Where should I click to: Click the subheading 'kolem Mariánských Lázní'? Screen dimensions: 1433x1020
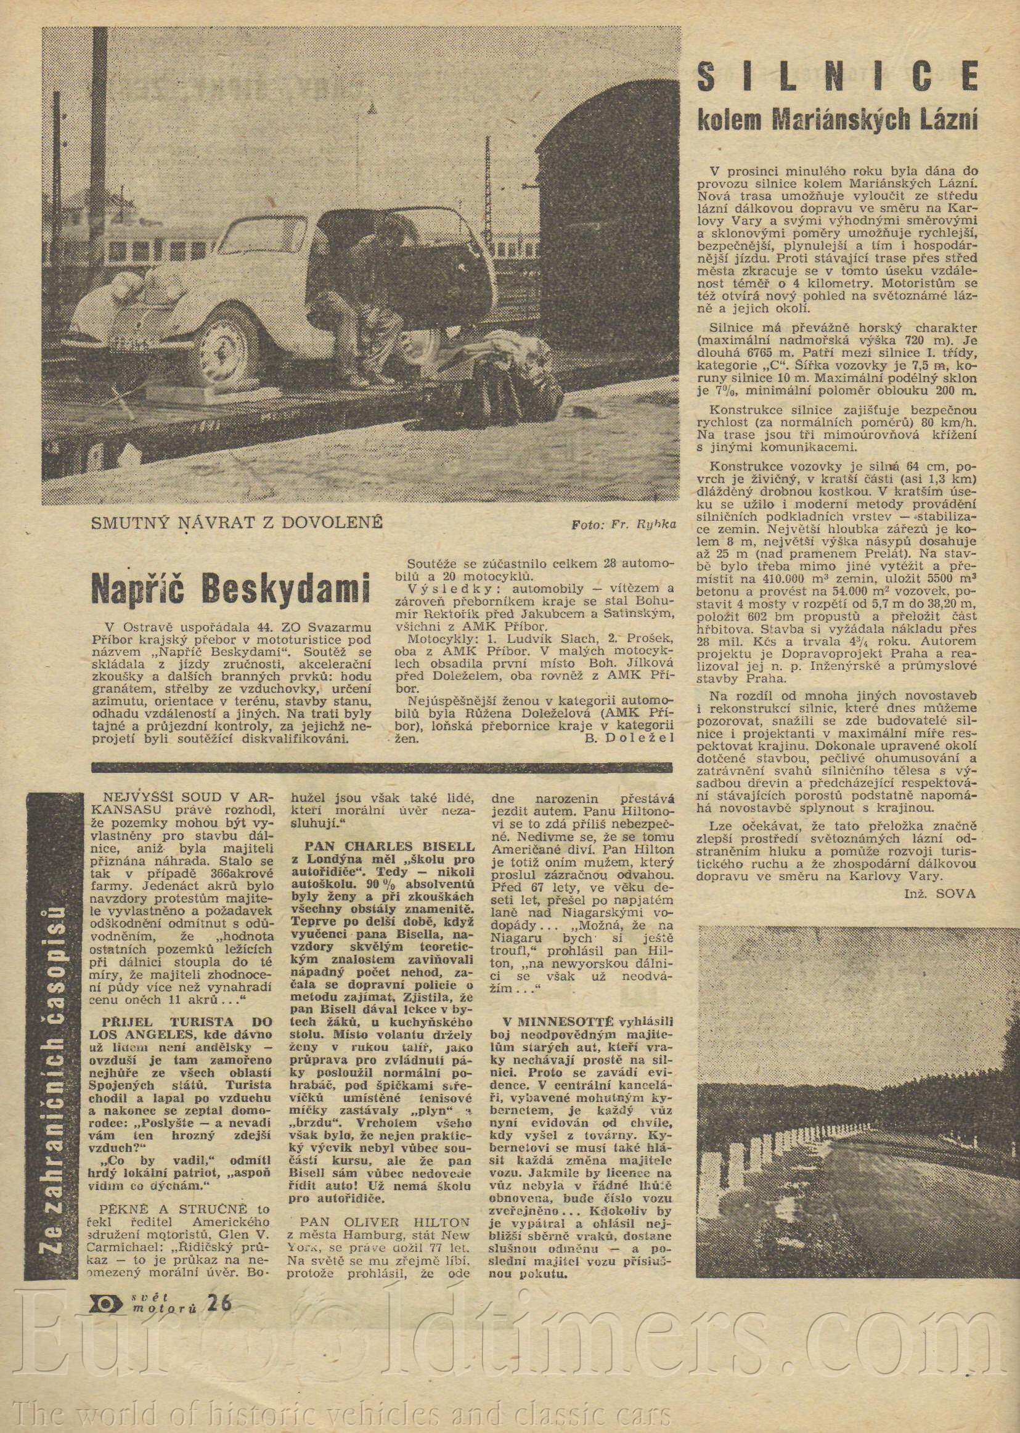point(838,119)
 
